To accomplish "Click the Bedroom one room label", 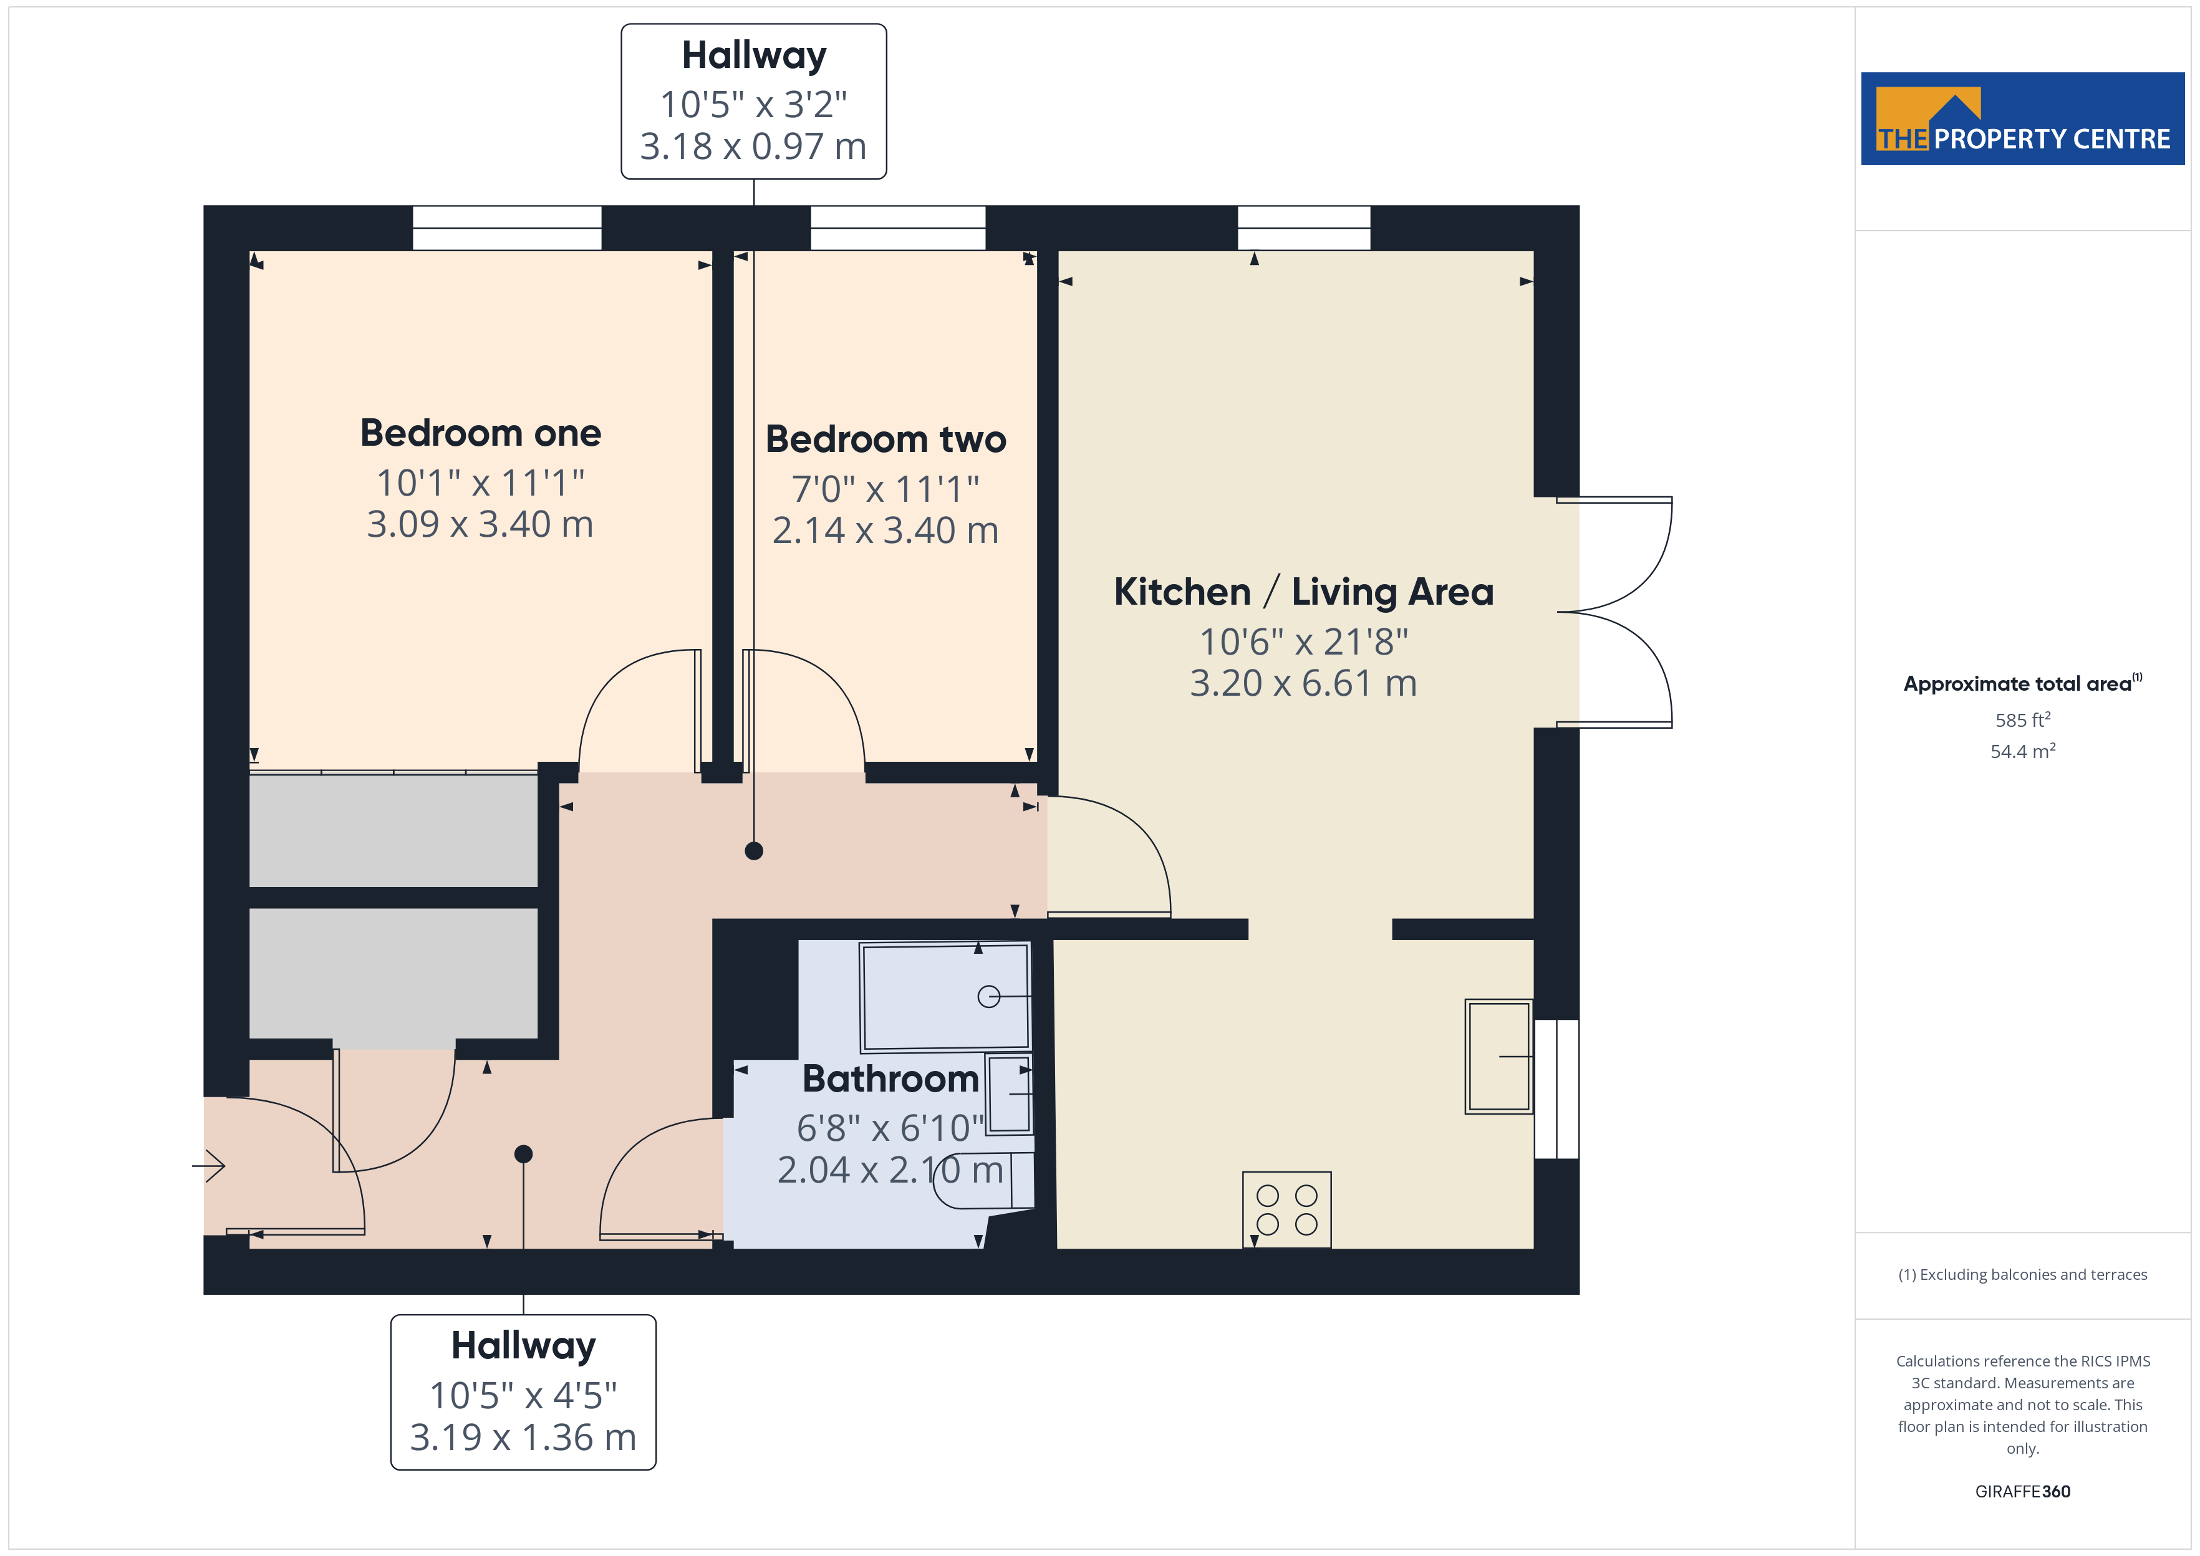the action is (480, 433).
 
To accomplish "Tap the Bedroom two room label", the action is (885, 439).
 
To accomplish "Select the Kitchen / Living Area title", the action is (1303, 592).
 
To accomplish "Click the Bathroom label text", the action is (890, 1079).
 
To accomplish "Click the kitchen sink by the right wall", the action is (1498, 1057).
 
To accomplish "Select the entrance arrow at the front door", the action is (209, 1166).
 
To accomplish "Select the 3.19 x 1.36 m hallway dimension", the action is (523, 1437).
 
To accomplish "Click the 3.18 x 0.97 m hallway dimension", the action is (753, 146).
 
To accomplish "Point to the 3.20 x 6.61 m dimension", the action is (1303, 683).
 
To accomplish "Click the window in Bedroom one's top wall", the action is (507, 228).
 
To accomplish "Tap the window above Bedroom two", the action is (898, 228).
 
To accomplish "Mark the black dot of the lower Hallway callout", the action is (523, 1153).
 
